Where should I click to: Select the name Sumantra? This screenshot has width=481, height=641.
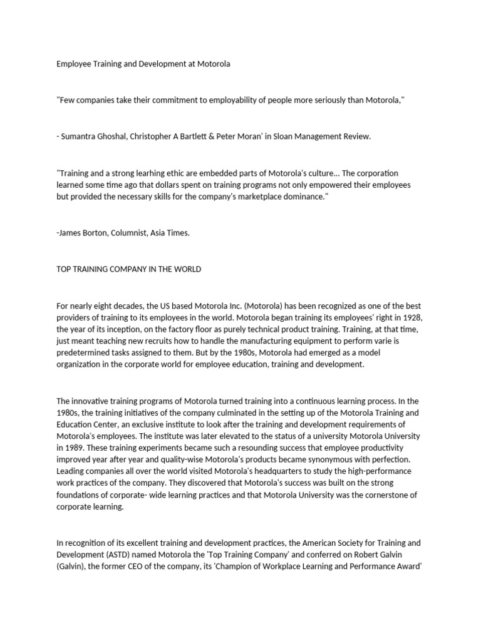[81, 137]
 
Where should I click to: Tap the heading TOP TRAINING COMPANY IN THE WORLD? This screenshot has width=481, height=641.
[128, 269]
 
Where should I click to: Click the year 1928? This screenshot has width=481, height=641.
[411, 317]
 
